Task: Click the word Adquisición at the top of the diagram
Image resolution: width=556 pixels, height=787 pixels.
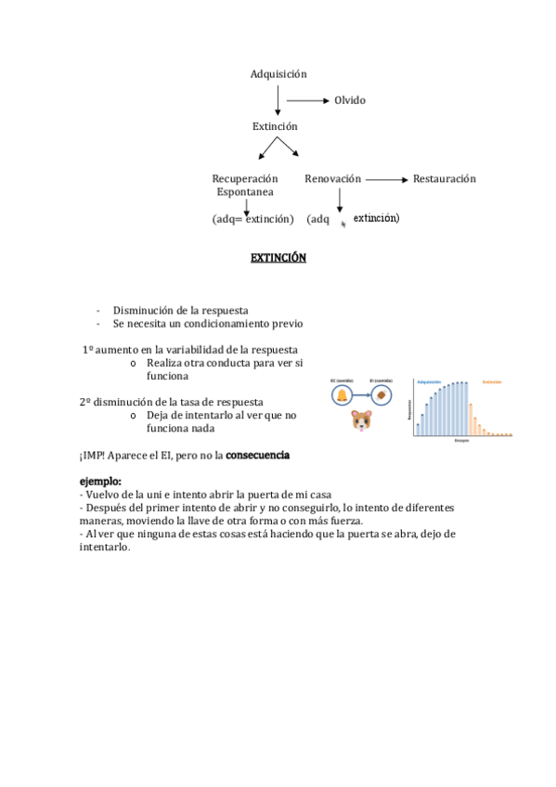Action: point(278,74)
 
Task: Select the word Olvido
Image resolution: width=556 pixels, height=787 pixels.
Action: point(350,100)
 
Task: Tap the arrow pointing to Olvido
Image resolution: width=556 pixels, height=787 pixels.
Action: point(307,100)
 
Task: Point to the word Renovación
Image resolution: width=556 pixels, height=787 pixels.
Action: point(332,178)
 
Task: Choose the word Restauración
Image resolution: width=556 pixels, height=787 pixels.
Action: point(444,178)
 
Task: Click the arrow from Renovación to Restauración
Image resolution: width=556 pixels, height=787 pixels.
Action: point(386,179)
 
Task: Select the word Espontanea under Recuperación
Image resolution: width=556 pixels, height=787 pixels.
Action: point(245,192)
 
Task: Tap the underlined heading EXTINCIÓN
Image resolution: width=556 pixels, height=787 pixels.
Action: point(278,258)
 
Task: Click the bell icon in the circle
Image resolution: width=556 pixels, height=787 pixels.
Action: point(343,396)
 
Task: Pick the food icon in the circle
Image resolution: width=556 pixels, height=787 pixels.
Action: point(381,396)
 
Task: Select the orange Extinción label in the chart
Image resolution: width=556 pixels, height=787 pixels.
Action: point(493,381)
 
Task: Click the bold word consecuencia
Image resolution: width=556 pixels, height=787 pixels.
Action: point(258,456)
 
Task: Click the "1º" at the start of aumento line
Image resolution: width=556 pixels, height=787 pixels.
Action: point(89,349)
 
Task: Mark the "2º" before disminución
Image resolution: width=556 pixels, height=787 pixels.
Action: point(85,402)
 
